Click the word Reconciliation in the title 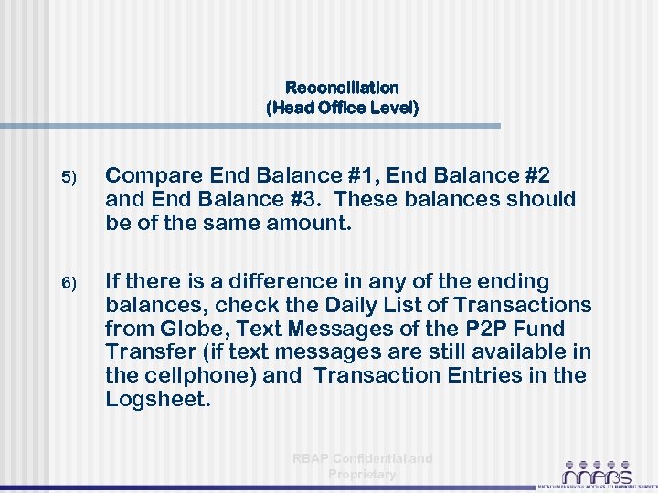click(342, 89)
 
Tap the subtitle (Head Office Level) click(342, 108)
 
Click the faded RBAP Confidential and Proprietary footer click(362, 466)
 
